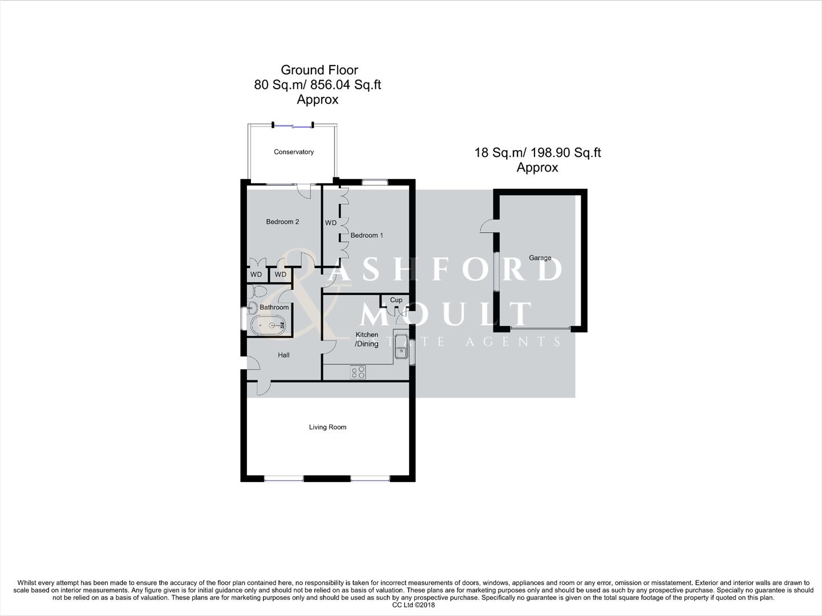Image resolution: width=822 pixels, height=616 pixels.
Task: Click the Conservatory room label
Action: tap(294, 152)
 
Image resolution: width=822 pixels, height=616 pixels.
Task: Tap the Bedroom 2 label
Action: tap(282, 222)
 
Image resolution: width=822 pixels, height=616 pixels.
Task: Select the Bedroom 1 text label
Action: tap(366, 235)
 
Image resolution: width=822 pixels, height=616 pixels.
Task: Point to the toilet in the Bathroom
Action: tap(258, 291)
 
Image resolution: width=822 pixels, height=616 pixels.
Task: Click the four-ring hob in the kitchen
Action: tap(358, 372)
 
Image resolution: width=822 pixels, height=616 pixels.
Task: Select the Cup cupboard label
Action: tap(396, 300)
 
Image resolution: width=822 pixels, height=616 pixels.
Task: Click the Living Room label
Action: tap(327, 427)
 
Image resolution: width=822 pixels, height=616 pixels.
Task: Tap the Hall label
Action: tap(284, 355)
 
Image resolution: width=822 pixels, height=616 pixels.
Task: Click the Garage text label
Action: tap(540, 258)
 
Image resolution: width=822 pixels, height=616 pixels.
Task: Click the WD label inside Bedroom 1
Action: tap(331, 223)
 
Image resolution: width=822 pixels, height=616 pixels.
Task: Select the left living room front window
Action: tap(284, 479)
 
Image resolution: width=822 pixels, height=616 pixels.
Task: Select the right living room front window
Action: tap(370, 479)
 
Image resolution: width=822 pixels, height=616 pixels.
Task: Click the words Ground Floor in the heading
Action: tap(319, 70)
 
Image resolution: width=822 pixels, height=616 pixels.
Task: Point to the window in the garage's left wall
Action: tap(496, 271)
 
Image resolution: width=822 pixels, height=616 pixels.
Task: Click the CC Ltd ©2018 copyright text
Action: tap(410, 605)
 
